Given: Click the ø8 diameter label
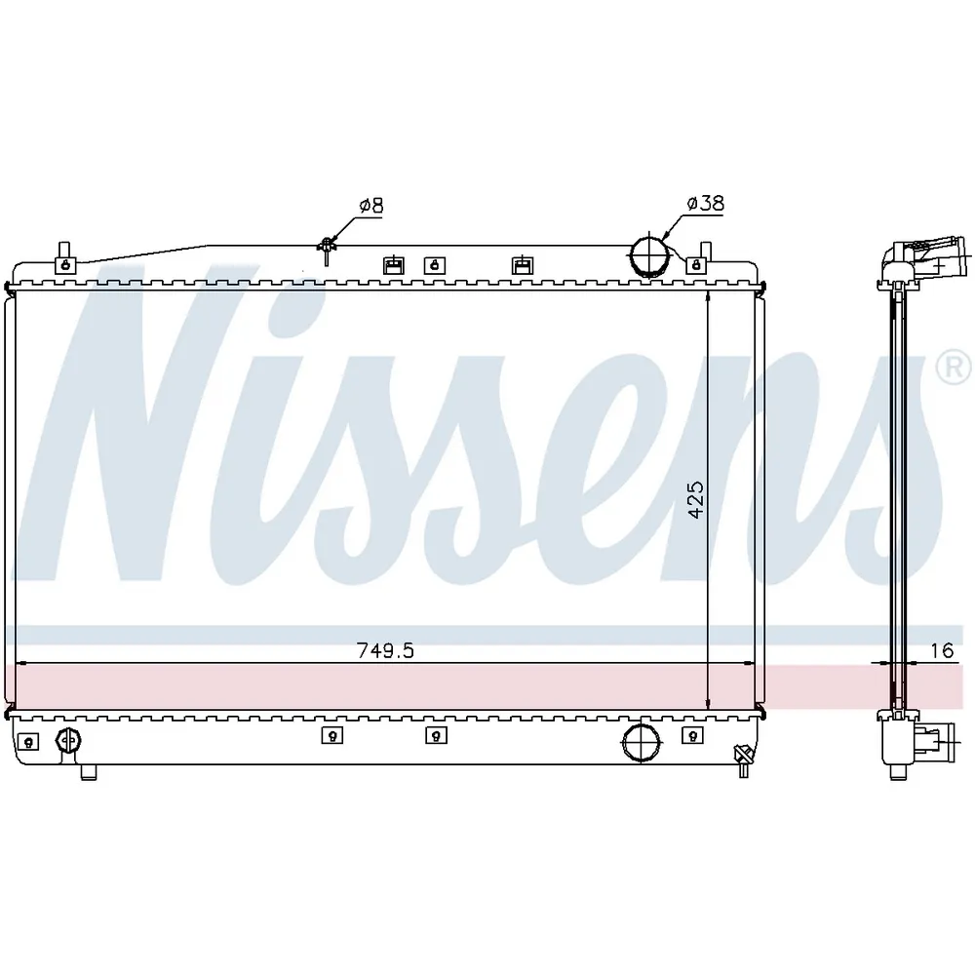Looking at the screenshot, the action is pos(371,205).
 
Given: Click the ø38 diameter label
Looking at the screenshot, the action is pos(705,203).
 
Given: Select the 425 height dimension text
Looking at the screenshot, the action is pos(696,498).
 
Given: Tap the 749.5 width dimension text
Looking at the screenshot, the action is pos(385,650).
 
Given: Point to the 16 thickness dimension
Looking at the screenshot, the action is pos(942,650).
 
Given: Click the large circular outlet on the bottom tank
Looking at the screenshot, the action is pos(642,741).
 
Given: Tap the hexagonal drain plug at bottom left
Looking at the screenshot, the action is pos(68,740).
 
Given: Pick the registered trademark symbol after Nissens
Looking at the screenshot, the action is pos(954,369).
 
